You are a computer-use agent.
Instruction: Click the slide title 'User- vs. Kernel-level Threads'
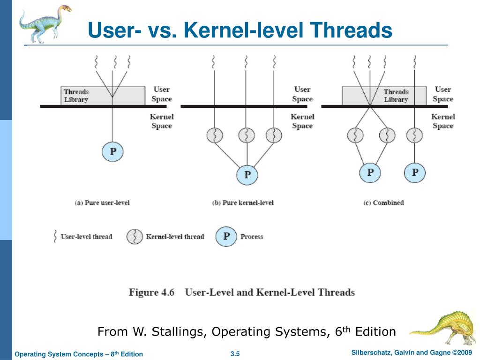coord(240,30)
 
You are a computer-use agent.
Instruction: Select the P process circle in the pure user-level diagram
coord(112,151)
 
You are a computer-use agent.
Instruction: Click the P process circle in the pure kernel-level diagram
coord(247,175)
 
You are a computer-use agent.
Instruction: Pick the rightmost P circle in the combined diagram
coord(415,172)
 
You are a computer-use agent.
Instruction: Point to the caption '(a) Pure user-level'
coord(102,202)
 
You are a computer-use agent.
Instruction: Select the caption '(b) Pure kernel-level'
coord(243,202)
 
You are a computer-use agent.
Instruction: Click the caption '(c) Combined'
coord(383,202)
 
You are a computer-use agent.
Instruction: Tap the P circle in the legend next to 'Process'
coord(226,236)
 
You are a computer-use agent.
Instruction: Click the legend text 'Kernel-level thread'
coord(175,237)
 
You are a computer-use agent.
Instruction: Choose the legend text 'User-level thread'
coord(87,237)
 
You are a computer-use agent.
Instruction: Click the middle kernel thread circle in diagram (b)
coord(247,135)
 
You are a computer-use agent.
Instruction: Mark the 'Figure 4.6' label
coord(151,292)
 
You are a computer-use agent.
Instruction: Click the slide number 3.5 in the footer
coord(235,354)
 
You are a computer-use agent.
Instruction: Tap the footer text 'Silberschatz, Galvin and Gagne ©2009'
coord(411,352)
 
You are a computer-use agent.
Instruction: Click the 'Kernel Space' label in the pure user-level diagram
coord(162,121)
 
